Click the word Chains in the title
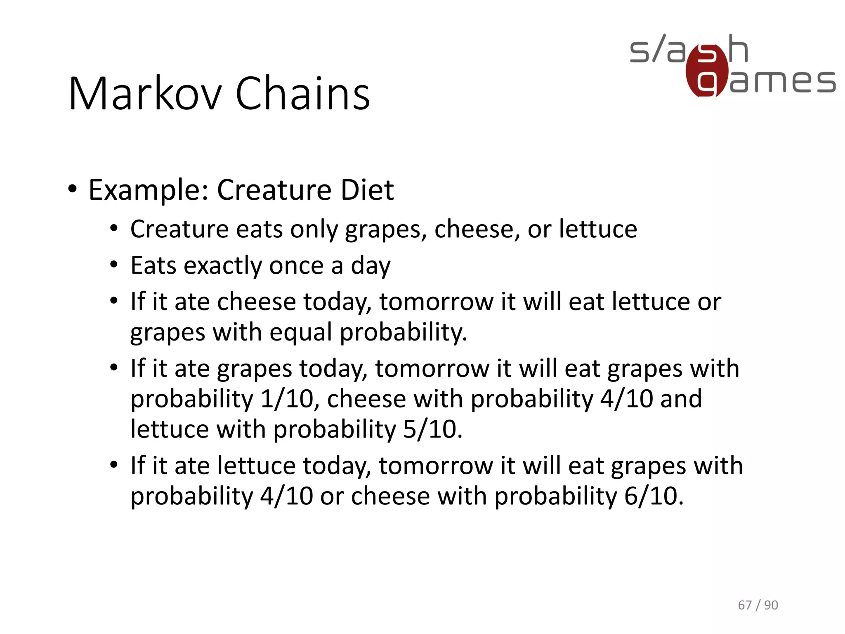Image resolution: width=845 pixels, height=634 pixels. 302,94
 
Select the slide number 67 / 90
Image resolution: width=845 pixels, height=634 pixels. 758,605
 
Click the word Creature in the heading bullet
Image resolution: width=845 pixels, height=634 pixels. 274,190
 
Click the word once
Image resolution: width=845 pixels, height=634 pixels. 296,265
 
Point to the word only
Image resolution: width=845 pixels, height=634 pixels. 314,229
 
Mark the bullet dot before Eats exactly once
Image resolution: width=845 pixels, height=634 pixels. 114,265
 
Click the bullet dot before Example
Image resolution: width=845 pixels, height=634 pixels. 73,189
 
